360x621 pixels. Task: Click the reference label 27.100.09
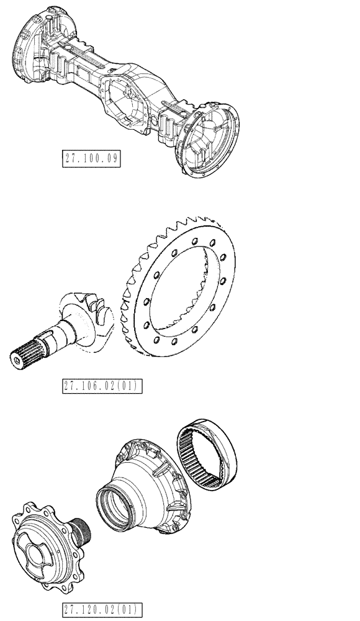92,158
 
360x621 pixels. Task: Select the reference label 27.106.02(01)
103,386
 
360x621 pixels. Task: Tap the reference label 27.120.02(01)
103,609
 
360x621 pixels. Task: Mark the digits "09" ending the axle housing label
112,158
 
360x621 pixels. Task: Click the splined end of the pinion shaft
25,357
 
